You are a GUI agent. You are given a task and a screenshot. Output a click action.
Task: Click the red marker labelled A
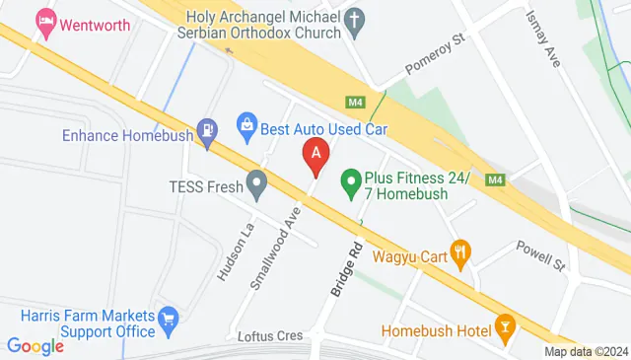point(315,156)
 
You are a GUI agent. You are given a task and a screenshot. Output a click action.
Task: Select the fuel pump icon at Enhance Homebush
point(207,130)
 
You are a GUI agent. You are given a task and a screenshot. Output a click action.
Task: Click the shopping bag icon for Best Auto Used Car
point(245,125)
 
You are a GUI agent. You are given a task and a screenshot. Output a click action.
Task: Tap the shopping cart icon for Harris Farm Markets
point(169,317)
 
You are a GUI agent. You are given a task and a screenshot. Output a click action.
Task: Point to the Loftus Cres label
point(270,335)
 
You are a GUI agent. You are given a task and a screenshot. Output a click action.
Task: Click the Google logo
point(35,345)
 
